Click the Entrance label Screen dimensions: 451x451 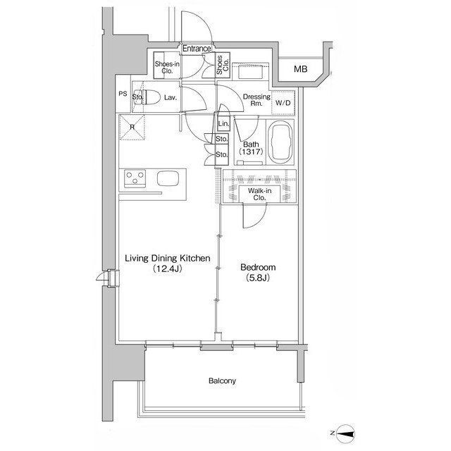pos(197,49)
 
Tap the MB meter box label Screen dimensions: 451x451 pos(301,69)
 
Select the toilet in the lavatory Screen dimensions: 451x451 pos(151,97)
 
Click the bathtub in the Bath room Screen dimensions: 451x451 pos(280,142)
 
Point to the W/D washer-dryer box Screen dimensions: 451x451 pos(283,103)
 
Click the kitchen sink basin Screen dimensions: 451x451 pos(168,178)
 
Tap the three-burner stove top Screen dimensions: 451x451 pos(135,178)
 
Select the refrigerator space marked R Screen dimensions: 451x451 pos(132,128)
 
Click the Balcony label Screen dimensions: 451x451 pos(222,381)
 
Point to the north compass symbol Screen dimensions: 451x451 pos(344,433)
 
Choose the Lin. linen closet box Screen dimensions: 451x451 pos(223,124)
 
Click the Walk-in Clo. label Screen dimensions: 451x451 pos(259,194)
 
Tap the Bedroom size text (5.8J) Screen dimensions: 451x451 pos(258,278)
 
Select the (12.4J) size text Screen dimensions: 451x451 pos(168,268)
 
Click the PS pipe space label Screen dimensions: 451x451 pos(123,94)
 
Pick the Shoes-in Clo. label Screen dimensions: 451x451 pos(167,68)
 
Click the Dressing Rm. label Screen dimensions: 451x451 pos(257,100)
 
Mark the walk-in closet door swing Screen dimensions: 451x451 pos(254,216)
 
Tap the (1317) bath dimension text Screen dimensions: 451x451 pos(251,152)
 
